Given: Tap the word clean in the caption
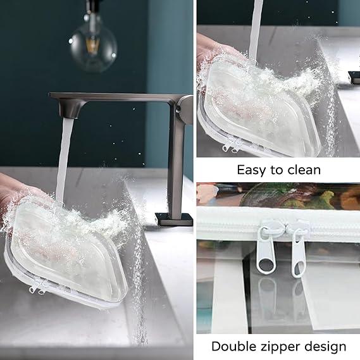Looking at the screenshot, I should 303,170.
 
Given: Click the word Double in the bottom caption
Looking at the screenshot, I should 234,346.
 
